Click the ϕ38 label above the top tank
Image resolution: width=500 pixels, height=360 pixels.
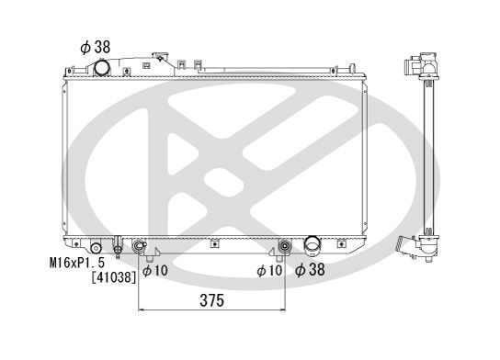coord(94,45)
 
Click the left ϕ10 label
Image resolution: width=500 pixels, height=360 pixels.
coord(154,271)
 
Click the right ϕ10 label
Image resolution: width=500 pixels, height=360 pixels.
coord(268,271)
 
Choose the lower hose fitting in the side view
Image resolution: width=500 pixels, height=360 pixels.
coord(405,246)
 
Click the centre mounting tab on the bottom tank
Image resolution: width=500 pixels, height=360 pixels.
coord(213,243)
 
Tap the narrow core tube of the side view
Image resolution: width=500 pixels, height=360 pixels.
coord(426,156)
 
